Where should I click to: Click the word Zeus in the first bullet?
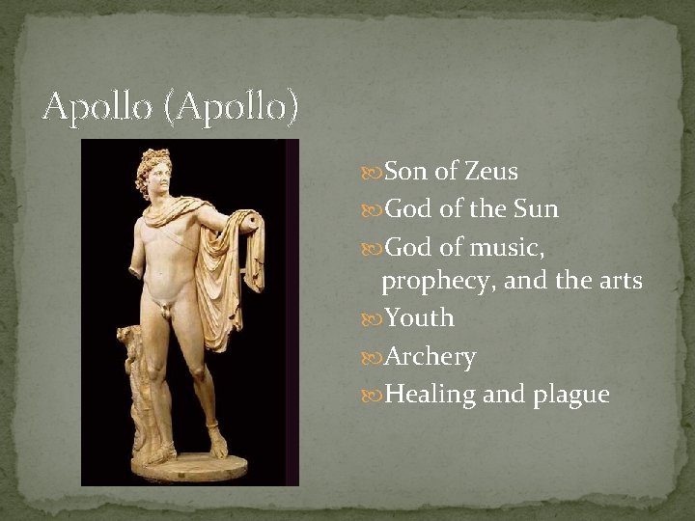click(491, 172)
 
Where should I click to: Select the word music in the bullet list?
click(508, 248)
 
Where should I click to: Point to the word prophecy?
click(428, 281)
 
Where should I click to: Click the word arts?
click(618, 281)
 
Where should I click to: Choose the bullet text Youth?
click(420, 318)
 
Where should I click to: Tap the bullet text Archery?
click(431, 357)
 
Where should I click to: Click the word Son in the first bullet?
click(406, 172)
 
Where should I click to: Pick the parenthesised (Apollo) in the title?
click(231, 107)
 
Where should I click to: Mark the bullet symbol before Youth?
click(373, 319)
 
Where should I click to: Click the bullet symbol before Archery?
click(373, 358)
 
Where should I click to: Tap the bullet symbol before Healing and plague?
click(373, 396)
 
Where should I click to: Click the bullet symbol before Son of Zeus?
click(373, 173)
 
